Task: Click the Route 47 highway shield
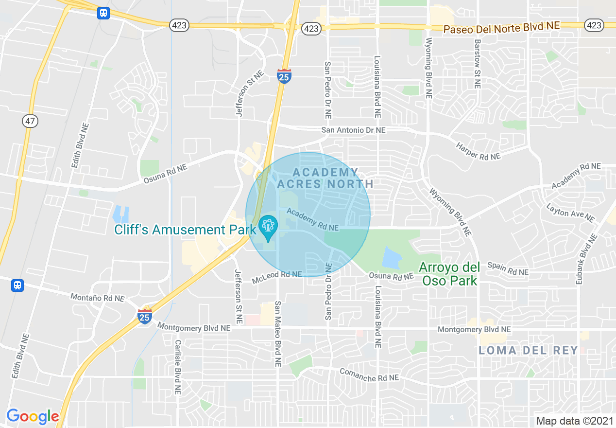[x=30, y=121]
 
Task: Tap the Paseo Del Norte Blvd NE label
[x=502, y=28]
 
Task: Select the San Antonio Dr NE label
[x=353, y=130]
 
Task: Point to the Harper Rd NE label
[x=478, y=151]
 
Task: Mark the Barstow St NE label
[x=477, y=63]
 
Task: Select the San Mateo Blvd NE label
[x=278, y=333]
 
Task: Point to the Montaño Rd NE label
[x=97, y=298]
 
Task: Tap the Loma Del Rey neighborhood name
[x=529, y=350]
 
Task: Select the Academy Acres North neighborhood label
[x=325, y=178]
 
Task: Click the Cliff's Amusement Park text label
[x=185, y=230]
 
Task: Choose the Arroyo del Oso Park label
[x=449, y=274]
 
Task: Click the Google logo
[x=33, y=416]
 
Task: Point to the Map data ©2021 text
[x=572, y=421]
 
